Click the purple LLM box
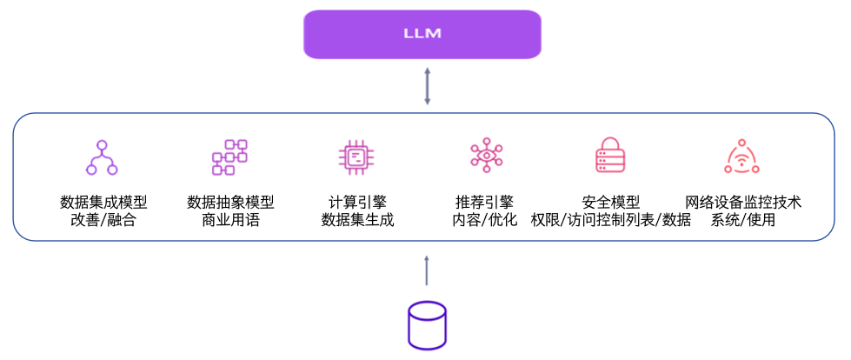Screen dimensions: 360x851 pyautogui.click(x=422, y=34)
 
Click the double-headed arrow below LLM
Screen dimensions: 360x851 pyautogui.click(x=427, y=87)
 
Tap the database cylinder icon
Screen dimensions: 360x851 pyautogui.click(x=427, y=324)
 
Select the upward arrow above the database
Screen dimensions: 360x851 pyautogui.click(x=427, y=270)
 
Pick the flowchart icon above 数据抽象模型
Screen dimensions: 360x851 pyautogui.click(x=229, y=157)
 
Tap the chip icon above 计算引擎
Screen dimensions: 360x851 pyautogui.click(x=356, y=157)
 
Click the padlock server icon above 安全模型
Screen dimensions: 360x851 pyautogui.click(x=610, y=157)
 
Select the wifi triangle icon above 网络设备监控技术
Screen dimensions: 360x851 pyautogui.click(x=741, y=157)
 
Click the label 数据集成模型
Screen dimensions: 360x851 pyautogui.click(x=103, y=202)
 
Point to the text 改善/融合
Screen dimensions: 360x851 pyautogui.click(x=103, y=220)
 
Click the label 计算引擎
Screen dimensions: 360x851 pyautogui.click(x=356, y=202)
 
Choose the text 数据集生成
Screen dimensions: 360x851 pyautogui.click(x=356, y=220)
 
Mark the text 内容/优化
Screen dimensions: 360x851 pyautogui.click(x=483, y=220)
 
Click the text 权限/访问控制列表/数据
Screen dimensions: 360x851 pyautogui.click(x=610, y=220)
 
